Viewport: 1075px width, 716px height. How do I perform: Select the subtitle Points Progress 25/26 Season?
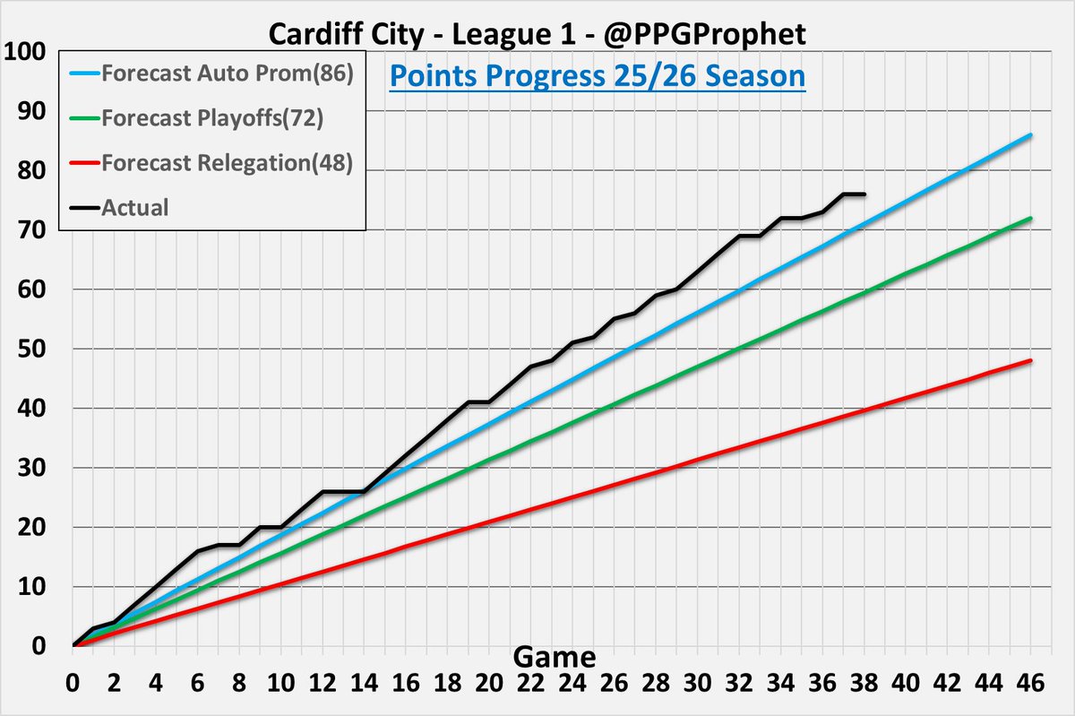tap(598, 76)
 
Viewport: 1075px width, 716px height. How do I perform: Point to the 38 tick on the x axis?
tap(864, 682)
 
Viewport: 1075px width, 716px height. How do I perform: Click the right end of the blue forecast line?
tap(1032, 134)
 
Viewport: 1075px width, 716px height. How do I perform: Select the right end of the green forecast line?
tap(1032, 218)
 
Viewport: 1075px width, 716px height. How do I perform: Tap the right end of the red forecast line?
tap(1032, 360)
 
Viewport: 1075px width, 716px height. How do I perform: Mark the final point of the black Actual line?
tap(864, 194)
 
